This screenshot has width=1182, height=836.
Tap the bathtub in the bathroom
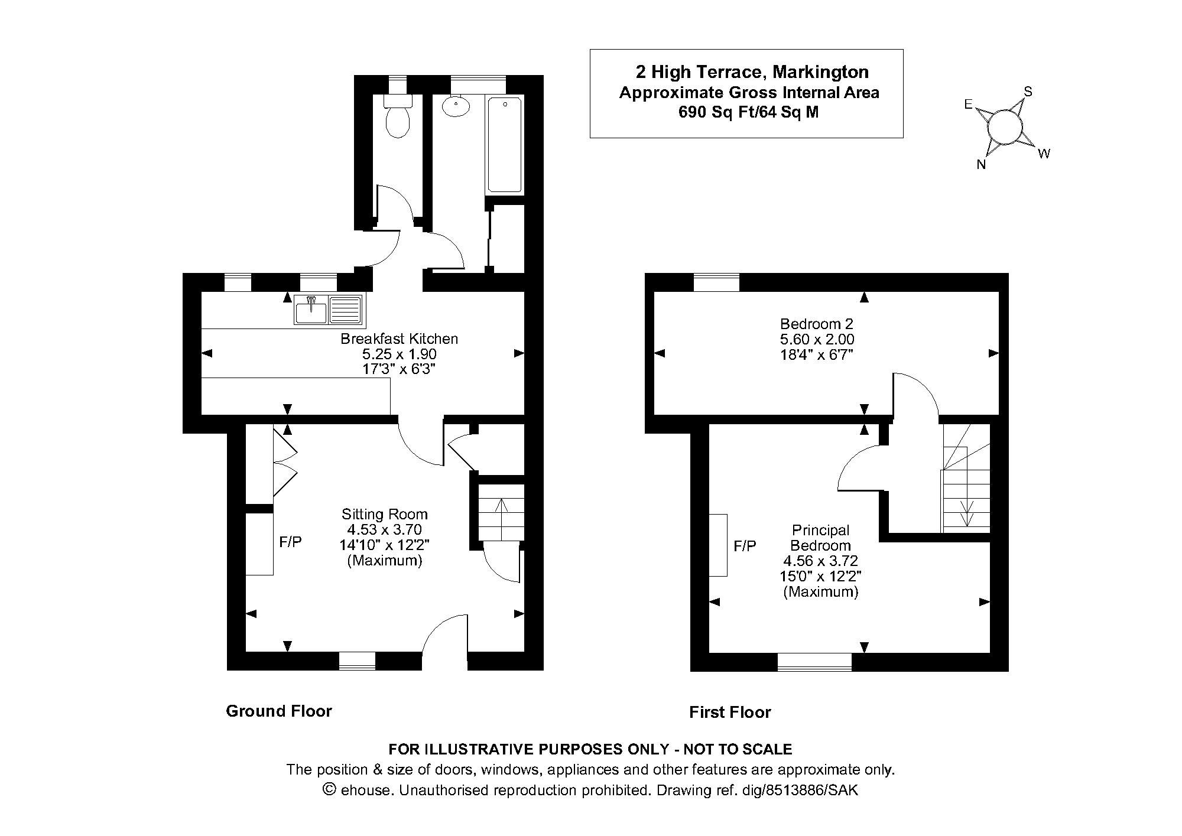click(x=504, y=145)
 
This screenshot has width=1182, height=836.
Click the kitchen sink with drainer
click(x=329, y=310)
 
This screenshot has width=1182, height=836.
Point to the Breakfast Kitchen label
click(x=399, y=339)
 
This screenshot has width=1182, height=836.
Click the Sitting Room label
click(x=384, y=514)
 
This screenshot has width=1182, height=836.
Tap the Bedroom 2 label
click(x=817, y=324)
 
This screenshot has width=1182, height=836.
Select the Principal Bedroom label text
click(x=820, y=538)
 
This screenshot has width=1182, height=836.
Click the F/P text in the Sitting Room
click(x=290, y=542)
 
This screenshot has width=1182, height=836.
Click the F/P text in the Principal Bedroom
click(x=745, y=546)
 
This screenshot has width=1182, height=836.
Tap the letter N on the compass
click(x=981, y=165)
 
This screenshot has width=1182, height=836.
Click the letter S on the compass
click(x=1028, y=92)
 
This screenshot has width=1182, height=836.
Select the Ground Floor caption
click(x=279, y=711)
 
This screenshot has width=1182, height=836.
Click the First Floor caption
click(x=730, y=712)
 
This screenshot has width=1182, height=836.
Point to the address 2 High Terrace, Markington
click(x=752, y=72)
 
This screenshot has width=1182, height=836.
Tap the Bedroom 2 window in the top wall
click(x=716, y=282)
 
